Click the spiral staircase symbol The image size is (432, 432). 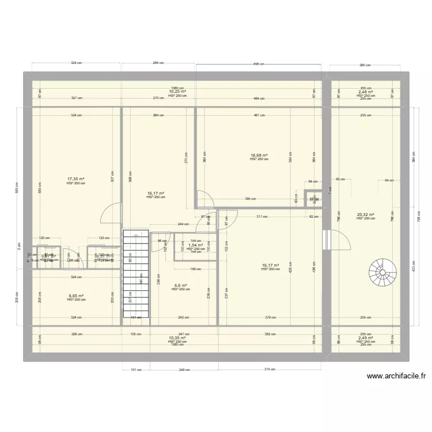click(x=382, y=272)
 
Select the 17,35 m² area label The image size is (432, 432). click(x=76, y=179)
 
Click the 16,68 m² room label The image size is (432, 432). click(x=259, y=155)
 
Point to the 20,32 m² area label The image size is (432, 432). click(x=365, y=215)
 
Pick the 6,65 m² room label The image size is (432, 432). click(x=76, y=296)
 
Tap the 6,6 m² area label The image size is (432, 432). click(x=180, y=285)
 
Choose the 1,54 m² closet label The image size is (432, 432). click(x=195, y=245)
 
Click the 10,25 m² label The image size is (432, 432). click(x=177, y=92)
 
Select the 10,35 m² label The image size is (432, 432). click(x=177, y=338)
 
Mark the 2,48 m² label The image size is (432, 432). click(x=365, y=92)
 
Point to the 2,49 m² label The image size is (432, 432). click(x=365, y=338)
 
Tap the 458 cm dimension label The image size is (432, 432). click(x=259, y=65)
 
